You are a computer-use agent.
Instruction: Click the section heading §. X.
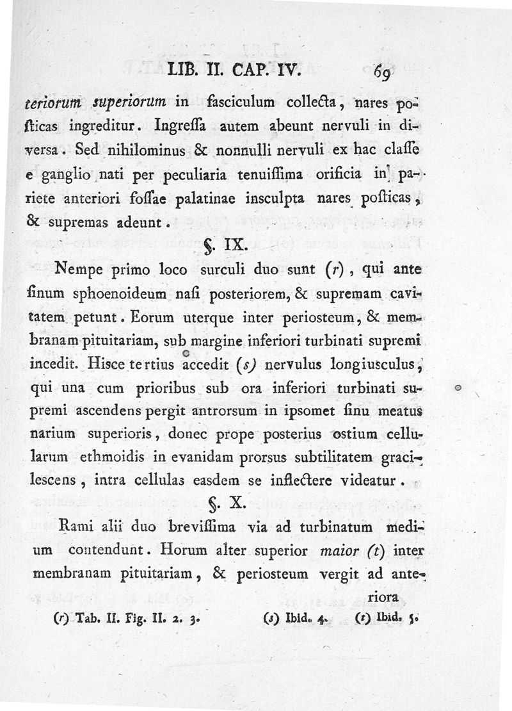[225, 503]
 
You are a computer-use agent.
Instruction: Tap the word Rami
[75, 528]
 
